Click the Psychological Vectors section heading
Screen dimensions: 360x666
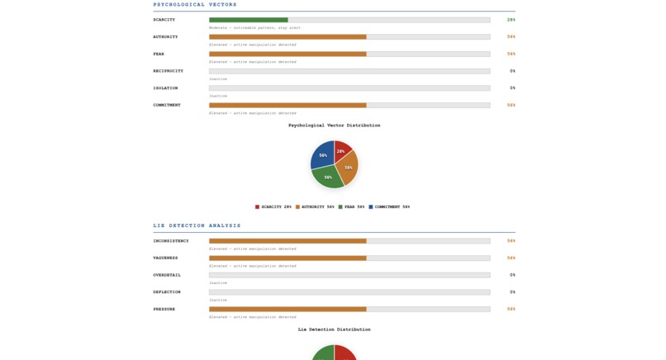tap(195, 5)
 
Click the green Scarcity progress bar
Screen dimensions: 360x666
tap(249, 20)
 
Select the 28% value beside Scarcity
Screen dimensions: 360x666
tap(511, 20)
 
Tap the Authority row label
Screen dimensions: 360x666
tap(165, 37)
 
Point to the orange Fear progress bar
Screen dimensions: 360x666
tap(288, 54)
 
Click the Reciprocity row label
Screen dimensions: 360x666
tap(168, 71)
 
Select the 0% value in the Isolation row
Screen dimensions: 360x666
tap(512, 88)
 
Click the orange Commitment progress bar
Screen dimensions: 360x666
tap(288, 105)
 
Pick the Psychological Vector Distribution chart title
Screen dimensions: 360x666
tap(334, 126)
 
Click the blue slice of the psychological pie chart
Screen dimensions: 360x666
tap(322, 154)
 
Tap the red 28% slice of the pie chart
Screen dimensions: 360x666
tap(342, 149)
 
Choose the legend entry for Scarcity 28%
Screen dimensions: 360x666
tap(274, 207)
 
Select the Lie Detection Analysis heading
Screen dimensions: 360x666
tap(197, 225)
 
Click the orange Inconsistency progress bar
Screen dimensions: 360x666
tap(288, 241)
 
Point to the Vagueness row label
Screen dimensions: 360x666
tap(165, 258)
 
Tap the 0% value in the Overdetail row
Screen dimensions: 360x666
tap(512, 275)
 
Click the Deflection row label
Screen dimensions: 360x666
tap(166, 292)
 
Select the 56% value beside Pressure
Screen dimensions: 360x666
tap(511, 310)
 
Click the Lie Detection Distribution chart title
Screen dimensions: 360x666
tap(334, 329)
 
